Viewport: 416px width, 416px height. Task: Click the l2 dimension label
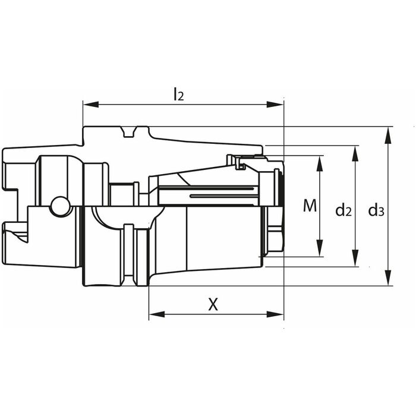178,94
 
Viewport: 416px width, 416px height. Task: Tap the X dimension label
213,304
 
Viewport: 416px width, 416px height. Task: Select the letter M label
310,206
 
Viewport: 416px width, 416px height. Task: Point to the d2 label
343,210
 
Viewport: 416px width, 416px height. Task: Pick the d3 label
376,210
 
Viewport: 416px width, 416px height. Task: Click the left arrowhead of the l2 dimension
91,105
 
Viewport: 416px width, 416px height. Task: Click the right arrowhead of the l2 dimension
275,105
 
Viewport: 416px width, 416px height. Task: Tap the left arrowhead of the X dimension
157,314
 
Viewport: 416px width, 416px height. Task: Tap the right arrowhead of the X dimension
275,314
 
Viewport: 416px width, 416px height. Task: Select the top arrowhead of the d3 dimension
388,135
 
